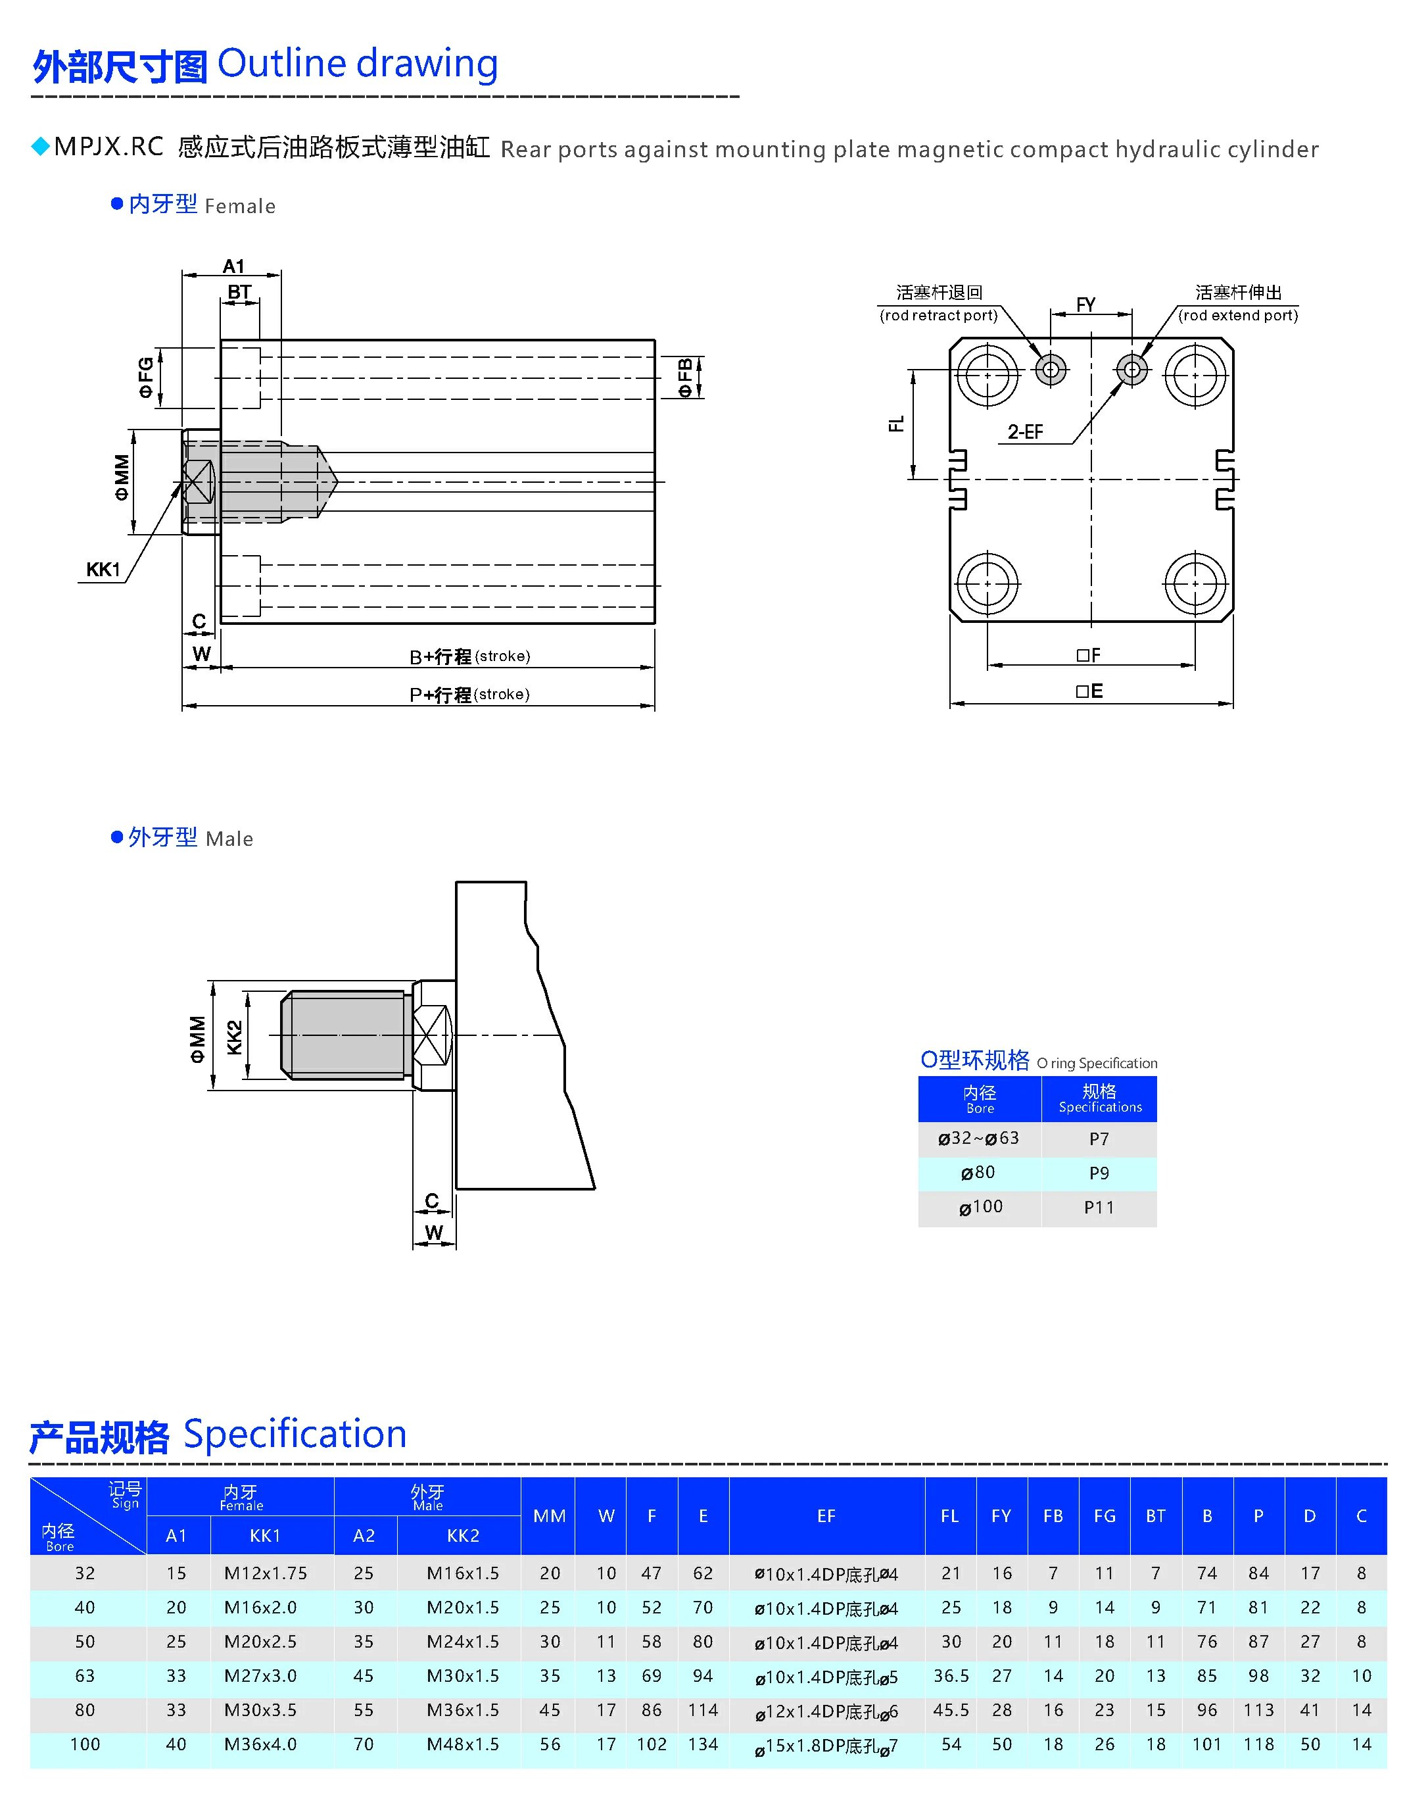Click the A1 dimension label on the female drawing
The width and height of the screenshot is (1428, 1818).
tap(233, 266)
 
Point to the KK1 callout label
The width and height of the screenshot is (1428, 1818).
tap(103, 570)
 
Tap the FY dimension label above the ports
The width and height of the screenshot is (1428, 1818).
tap(1085, 305)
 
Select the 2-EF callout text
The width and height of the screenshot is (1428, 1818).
tap(1025, 431)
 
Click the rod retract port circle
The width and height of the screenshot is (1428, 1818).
tap(1051, 369)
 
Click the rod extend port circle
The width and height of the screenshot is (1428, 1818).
tap(1132, 369)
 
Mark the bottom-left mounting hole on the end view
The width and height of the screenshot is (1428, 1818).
tap(988, 583)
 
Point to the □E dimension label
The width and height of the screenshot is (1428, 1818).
tap(1089, 691)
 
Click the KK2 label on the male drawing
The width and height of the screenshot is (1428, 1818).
tap(234, 1037)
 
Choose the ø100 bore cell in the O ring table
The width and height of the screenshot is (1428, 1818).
tap(980, 1207)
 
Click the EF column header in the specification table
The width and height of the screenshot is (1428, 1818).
tap(826, 1516)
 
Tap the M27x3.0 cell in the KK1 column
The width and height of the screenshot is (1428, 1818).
tap(260, 1676)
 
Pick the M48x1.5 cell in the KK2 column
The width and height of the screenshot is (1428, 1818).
tap(462, 1744)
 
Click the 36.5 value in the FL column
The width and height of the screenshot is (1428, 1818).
tap(951, 1676)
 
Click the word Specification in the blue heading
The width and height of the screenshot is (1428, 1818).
tap(295, 1434)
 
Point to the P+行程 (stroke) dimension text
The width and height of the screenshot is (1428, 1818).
tap(469, 694)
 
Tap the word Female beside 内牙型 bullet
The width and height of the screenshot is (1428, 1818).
tap(240, 207)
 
